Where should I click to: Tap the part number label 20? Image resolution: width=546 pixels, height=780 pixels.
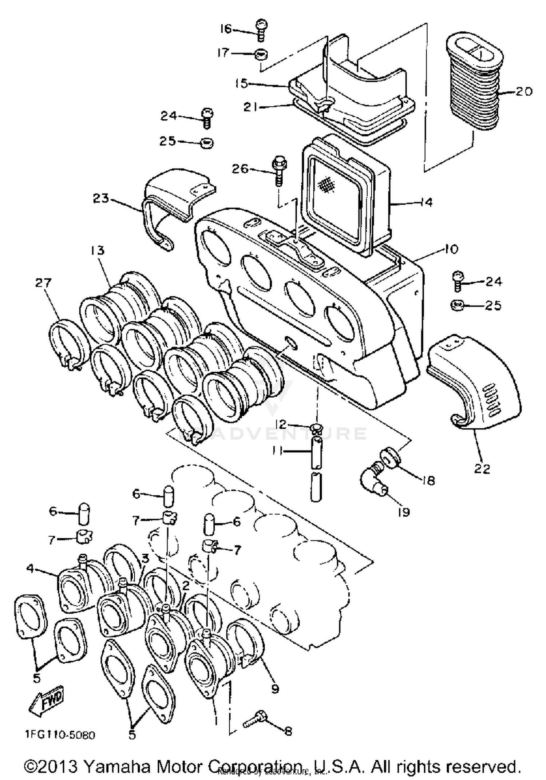(x=524, y=91)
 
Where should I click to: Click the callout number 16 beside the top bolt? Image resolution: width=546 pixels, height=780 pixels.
(x=226, y=28)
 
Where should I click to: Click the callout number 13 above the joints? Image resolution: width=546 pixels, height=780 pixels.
(x=98, y=250)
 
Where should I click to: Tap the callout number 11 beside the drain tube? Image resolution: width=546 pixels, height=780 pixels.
(x=277, y=451)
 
